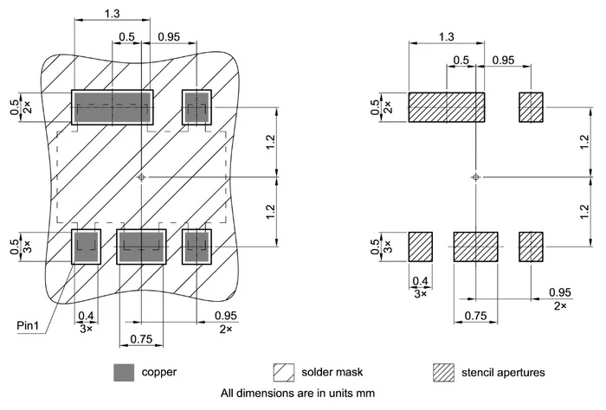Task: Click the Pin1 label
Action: (x=30, y=326)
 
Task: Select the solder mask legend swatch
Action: (x=284, y=372)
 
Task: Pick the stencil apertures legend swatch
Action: (x=442, y=372)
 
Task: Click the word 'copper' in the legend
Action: (x=159, y=373)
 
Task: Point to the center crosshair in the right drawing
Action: (x=475, y=177)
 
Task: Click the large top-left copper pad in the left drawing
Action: (x=112, y=107)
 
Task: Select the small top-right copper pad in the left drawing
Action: (x=197, y=107)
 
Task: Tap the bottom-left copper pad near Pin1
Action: (x=86, y=246)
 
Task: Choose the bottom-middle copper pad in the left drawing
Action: (x=141, y=246)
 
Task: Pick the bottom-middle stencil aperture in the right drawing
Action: (x=475, y=246)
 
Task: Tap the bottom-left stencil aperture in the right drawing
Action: (x=420, y=246)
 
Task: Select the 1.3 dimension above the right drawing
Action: (x=446, y=36)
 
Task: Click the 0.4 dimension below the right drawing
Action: (x=421, y=280)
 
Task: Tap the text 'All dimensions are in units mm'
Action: (x=297, y=393)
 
